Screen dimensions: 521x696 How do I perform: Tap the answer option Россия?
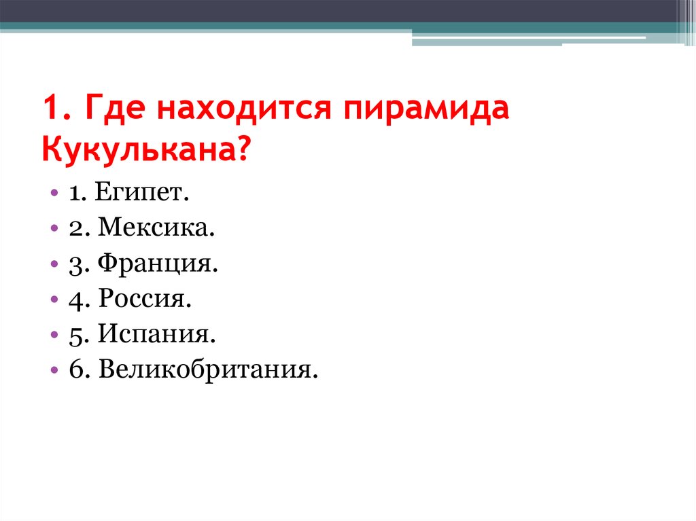145,299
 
